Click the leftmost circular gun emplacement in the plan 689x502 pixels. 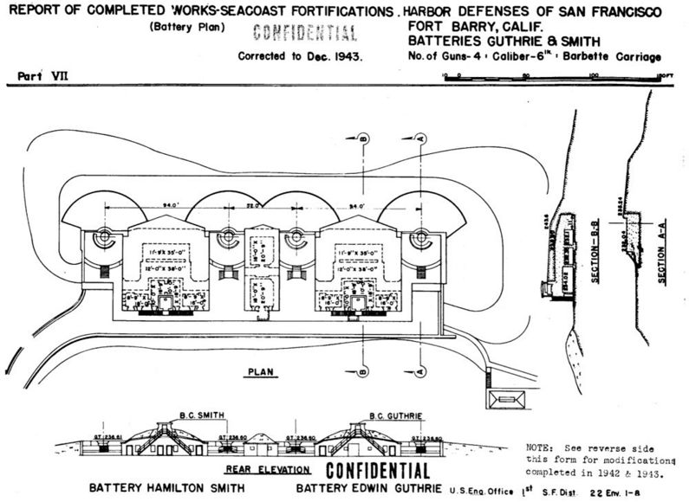[103, 235]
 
